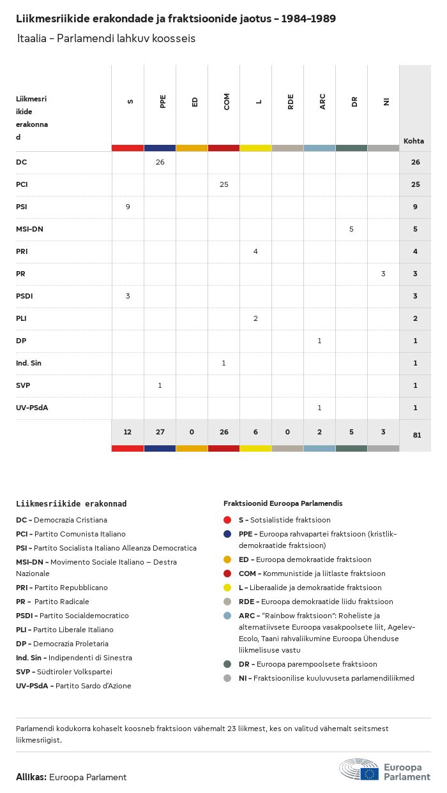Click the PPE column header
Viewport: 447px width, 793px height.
click(163, 101)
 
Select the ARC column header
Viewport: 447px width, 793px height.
click(322, 101)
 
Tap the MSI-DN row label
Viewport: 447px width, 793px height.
click(29, 229)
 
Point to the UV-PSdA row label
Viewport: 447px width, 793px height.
click(32, 408)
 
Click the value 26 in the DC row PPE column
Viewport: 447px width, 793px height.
click(160, 162)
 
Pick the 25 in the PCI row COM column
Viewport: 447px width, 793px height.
click(223, 184)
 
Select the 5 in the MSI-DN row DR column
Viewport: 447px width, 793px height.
click(351, 229)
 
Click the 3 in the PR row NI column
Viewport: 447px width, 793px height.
click(383, 274)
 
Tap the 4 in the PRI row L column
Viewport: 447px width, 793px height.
click(255, 251)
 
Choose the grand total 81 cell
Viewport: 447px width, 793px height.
click(415, 436)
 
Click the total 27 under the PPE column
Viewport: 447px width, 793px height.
click(160, 432)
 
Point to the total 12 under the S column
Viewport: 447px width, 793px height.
click(128, 432)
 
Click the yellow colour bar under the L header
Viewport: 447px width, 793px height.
click(255, 148)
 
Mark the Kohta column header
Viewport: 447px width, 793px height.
click(414, 141)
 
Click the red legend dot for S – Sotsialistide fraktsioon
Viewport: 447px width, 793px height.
click(227, 520)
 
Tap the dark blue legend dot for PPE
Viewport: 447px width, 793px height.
click(227, 534)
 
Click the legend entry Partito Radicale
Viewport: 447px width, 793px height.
click(61, 602)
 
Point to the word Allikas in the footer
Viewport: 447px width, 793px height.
click(31, 777)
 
